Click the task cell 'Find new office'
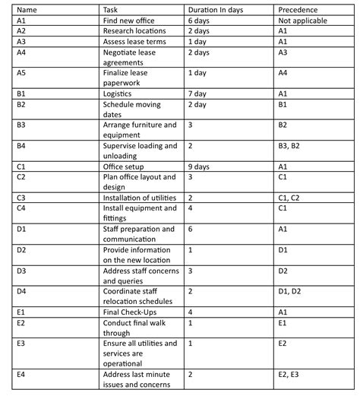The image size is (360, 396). pyautogui.click(x=129, y=19)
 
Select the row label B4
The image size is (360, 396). pyautogui.click(x=21, y=144)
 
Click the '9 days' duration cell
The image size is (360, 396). pyautogui.click(x=198, y=166)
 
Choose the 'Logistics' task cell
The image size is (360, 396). pyautogui.click(x=120, y=93)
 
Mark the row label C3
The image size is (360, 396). pyautogui.click(x=21, y=197)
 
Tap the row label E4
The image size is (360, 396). pyautogui.click(x=21, y=374)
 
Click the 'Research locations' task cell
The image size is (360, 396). pyautogui.click(x=134, y=30)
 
